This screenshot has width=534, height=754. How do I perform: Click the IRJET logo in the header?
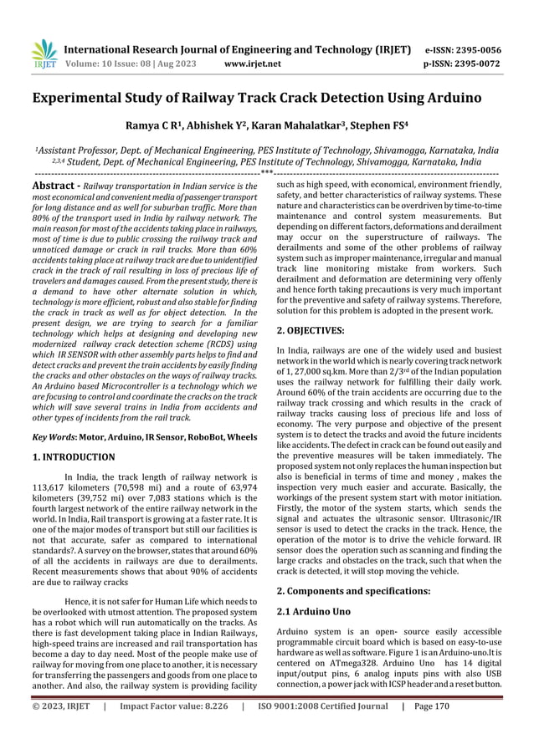44,53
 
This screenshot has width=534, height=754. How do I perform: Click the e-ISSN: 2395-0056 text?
475,49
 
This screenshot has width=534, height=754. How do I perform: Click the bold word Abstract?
54,184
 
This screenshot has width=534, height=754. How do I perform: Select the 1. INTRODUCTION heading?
74,457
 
